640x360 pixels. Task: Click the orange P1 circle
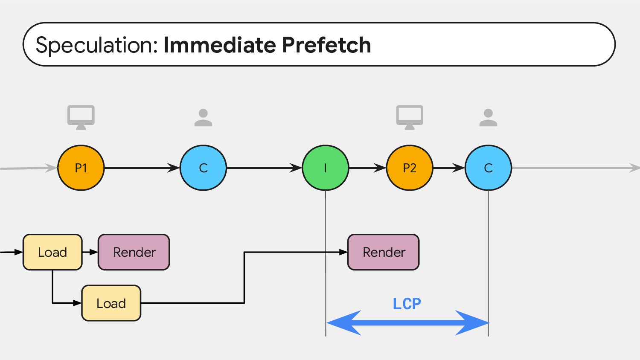click(x=81, y=168)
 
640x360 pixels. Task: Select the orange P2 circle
click(x=410, y=168)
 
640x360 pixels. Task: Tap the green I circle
click(x=326, y=168)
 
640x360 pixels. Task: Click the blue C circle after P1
click(x=203, y=168)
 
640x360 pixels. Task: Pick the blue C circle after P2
click(x=488, y=168)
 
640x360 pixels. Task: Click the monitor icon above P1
click(x=81, y=117)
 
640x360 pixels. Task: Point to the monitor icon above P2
click(x=410, y=117)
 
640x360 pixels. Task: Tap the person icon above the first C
click(x=203, y=117)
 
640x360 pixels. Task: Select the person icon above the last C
click(x=488, y=117)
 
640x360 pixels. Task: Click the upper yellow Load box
click(x=52, y=252)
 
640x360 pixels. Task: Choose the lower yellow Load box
click(x=111, y=303)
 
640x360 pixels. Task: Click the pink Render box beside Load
click(x=134, y=252)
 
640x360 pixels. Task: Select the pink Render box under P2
click(x=384, y=252)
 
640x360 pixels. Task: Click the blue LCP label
click(x=407, y=304)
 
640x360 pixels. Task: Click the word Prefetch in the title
click(x=326, y=45)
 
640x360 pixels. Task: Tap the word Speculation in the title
click(x=97, y=45)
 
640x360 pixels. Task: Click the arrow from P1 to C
click(x=142, y=168)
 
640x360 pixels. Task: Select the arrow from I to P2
click(x=367, y=168)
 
